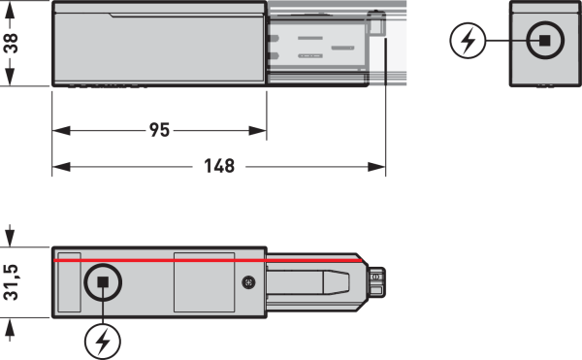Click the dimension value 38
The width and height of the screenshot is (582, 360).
click(x=11, y=44)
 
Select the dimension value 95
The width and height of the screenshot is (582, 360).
click(x=160, y=130)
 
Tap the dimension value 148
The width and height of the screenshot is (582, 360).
click(x=219, y=166)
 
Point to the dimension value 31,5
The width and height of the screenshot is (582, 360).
click(x=11, y=282)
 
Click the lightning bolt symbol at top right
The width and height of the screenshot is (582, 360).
click(x=468, y=41)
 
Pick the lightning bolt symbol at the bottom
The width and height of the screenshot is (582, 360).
click(x=103, y=342)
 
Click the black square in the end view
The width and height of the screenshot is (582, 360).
click(x=544, y=41)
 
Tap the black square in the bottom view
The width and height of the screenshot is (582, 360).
click(x=103, y=282)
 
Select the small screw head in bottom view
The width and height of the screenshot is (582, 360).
click(x=248, y=282)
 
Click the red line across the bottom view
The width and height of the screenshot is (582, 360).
click(x=209, y=260)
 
